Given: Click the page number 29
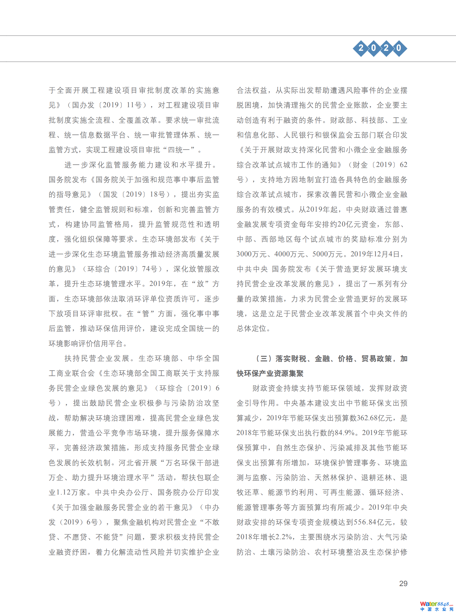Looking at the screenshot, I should coord(403,584).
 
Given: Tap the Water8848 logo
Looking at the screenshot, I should coord(436,606).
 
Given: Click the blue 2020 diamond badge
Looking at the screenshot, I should coord(380,48).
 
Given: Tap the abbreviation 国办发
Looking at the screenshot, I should coord(83,105).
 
